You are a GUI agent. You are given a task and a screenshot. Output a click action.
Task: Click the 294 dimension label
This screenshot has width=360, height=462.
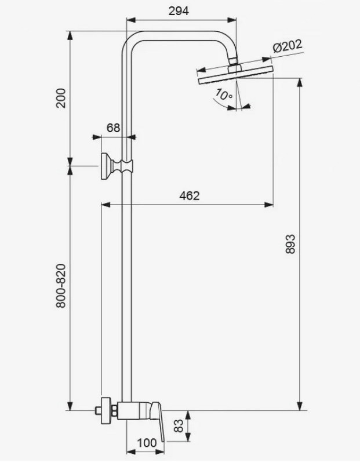(x=179, y=11)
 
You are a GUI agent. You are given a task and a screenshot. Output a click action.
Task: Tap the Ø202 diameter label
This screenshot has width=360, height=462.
(x=287, y=46)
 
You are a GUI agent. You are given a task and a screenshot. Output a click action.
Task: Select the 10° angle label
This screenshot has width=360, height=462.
(x=224, y=94)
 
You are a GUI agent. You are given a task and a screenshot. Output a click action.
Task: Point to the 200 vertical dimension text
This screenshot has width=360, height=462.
(x=61, y=98)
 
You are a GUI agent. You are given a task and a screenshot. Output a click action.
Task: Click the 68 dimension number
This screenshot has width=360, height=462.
(x=114, y=128)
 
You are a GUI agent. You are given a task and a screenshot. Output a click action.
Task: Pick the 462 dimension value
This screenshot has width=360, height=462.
(x=190, y=195)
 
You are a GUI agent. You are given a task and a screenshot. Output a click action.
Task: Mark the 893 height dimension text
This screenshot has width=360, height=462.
(x=290, y=243)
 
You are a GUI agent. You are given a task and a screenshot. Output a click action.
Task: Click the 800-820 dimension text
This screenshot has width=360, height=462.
(x=61, y=286)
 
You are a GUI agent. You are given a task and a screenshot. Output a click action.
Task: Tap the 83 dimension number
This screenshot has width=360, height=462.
(x=179, y=425)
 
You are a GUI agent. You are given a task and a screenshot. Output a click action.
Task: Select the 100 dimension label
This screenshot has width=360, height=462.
(x=147, y=442)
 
